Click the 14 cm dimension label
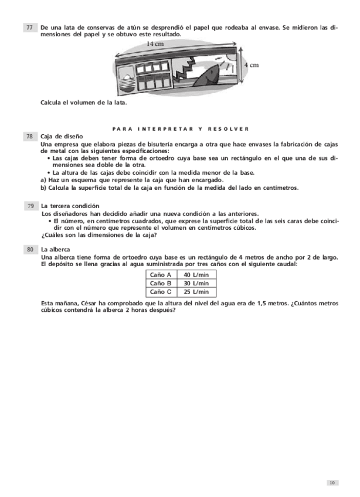coord(155,44)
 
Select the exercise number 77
coord(29,28)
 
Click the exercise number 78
coord(29,136)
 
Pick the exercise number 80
coord(29,250)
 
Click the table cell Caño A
coord(160,274)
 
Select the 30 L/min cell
coord(196,283)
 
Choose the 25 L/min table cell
coord(196,291)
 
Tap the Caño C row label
coord(160,291)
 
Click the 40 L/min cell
coord(196,274)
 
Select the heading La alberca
coord(56,250)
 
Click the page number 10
coord(332,482)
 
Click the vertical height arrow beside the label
coord(242,64)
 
